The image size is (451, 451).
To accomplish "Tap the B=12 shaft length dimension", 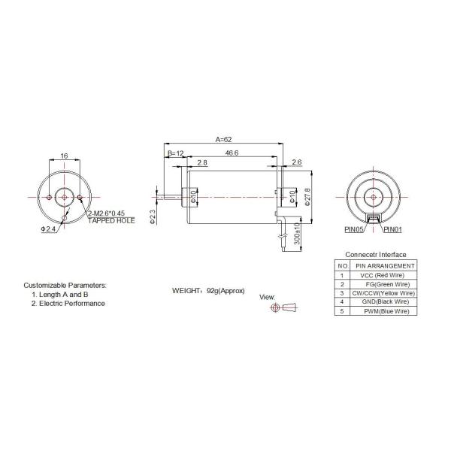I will click(175, 153).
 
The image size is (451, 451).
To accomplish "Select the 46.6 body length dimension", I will click(232, 153).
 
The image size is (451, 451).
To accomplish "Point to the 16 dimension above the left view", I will click(64, 156).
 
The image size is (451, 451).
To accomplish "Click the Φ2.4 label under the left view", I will click(47, 228).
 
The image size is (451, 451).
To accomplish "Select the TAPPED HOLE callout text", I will click(111, 222).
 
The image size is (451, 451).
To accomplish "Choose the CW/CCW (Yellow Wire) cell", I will click(383, 293).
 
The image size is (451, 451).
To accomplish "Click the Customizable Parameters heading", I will click(65, 286).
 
